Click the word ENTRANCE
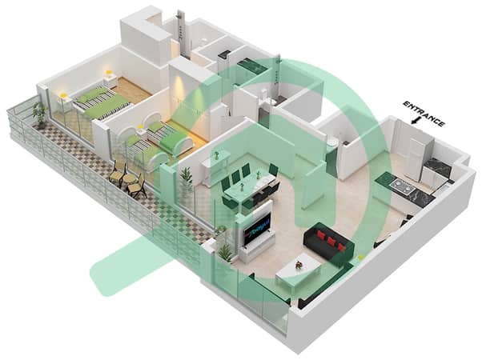[424, 114]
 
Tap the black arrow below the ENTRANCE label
[416, 121]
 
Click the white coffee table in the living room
[297, 270]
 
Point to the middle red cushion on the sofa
[331, 242]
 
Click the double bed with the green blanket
[102, 101]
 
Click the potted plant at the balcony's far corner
[40, 113]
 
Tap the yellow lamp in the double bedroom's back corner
[108, 73]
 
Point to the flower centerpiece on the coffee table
[298, 265]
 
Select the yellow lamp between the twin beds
[140, 127]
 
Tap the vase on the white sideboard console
[217, 155]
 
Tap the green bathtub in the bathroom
[250, 67]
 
